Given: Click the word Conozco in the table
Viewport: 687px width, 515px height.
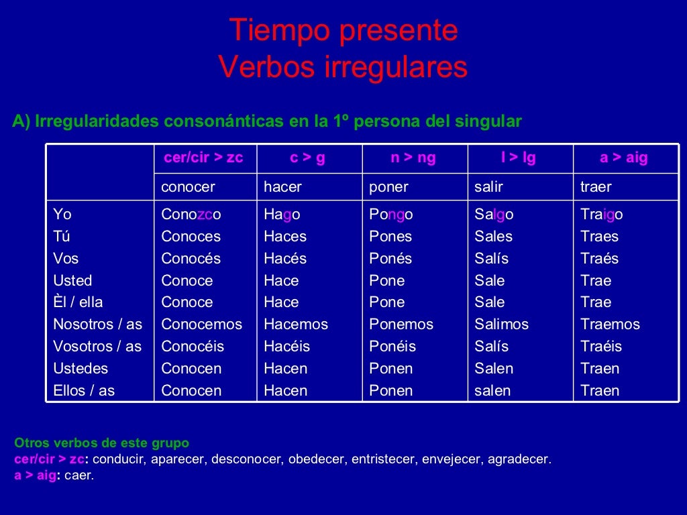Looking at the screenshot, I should coord(191,215).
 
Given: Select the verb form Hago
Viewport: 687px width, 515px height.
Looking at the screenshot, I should coord(282,215).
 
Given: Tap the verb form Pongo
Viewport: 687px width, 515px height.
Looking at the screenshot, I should coord(390,215).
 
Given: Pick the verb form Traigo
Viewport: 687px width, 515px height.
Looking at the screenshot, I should coord(602,215).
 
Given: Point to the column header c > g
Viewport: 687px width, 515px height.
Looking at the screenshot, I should coord(307,158).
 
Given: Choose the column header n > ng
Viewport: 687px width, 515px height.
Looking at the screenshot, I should coord(413,158).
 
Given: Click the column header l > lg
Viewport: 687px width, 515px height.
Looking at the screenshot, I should coord(519,158).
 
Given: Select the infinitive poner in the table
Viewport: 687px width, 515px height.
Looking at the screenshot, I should coord(388,187).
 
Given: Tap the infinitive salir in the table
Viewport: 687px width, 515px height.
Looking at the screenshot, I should coord(488,187).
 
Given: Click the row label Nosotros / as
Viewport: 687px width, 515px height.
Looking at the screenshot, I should coord(98,325).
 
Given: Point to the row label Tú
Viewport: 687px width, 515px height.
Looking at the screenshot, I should coord(62,236).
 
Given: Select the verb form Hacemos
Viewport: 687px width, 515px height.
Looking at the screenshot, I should coord(296,325).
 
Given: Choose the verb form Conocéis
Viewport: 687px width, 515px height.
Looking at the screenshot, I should coord(193,347).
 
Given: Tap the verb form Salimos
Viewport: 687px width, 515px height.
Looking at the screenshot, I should coord(502,325).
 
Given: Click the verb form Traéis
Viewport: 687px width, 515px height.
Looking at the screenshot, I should coord(601,347).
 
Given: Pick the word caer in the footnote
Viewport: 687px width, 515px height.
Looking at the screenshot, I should coord(78,475).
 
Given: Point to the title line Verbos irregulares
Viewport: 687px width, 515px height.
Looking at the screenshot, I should coord(343,67).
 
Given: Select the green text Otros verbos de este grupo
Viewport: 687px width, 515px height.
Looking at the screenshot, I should coord(101,443).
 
